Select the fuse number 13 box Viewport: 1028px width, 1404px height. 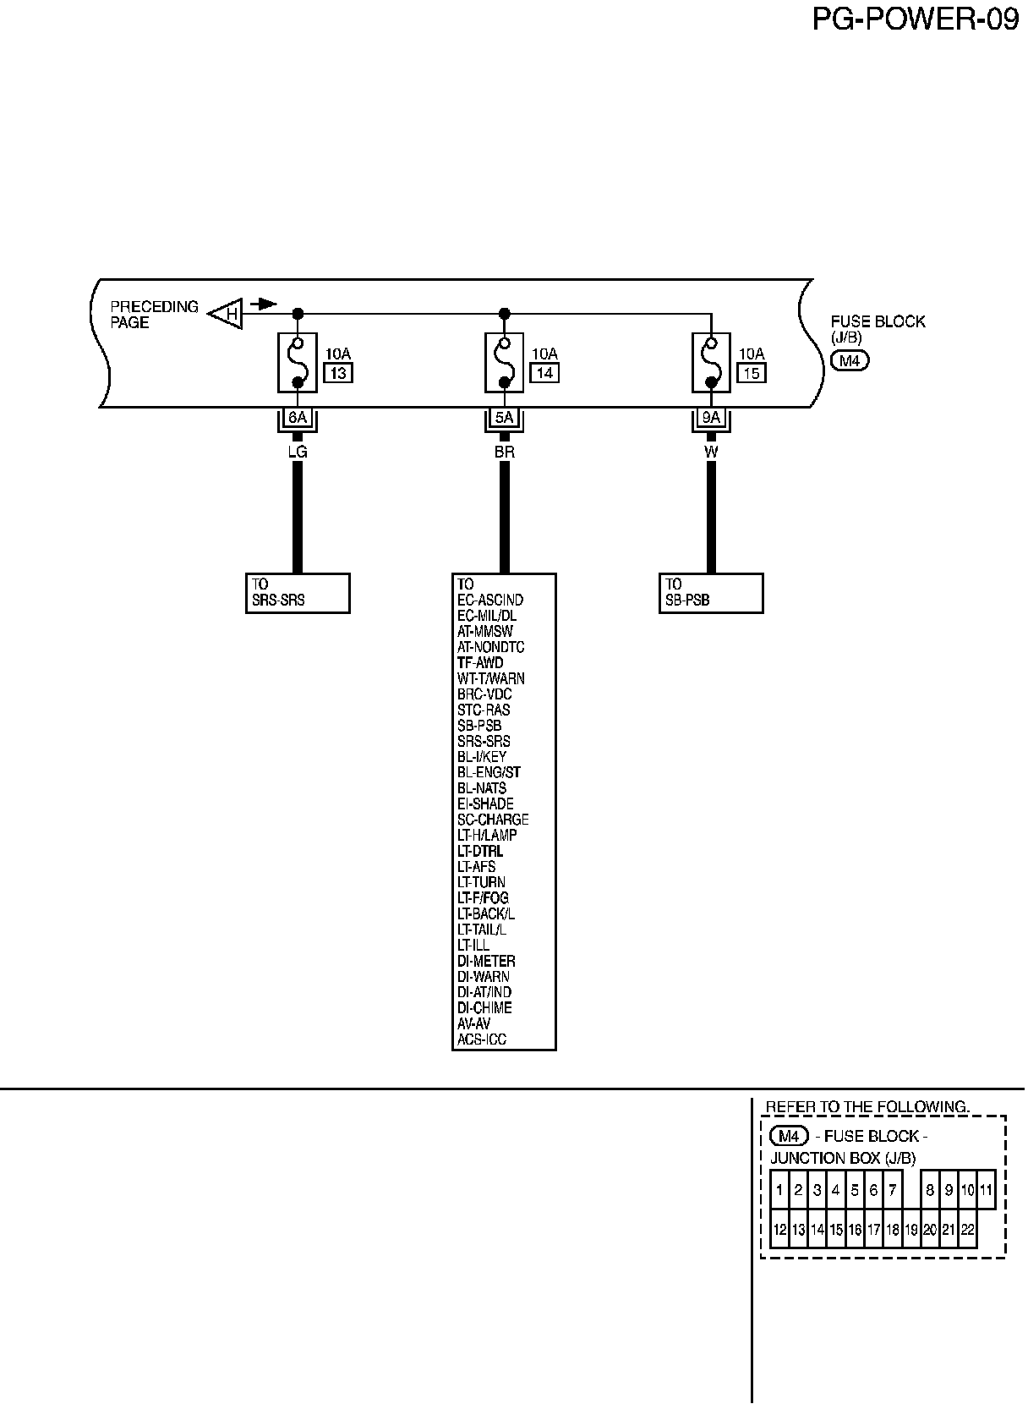coord(337,372)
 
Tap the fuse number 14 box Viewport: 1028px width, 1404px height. coord(544,372)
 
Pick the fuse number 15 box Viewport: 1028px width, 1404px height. coord(752,372)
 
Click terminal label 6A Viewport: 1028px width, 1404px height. coord(298,417)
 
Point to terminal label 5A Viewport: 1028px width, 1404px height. coord(504,417)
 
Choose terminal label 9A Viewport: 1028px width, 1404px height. coord(711,417)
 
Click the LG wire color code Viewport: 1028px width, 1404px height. coord(298,452)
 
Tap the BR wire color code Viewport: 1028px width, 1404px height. coord(504,452)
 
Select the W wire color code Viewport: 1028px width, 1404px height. coord(711,452)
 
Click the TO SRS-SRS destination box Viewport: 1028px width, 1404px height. coord(298,593)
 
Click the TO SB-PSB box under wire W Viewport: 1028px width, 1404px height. coord(711,593)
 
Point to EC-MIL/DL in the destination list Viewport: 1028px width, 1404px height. coord(487,616)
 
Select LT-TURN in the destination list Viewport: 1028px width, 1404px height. coord(482,882)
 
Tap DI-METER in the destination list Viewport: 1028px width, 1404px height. coord(486,961)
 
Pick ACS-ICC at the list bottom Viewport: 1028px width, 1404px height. coord(482,1039)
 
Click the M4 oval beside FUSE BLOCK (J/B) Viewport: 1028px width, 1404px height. coord(850,361)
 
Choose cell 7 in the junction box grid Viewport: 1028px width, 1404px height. coord(892,1190)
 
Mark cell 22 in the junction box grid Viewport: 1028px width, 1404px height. coord(967,1230)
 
